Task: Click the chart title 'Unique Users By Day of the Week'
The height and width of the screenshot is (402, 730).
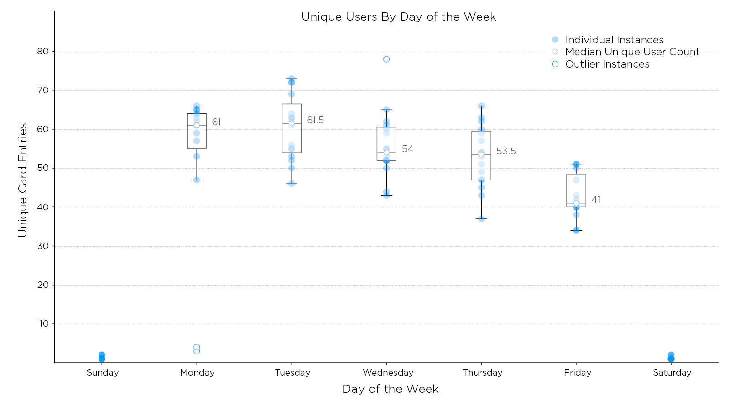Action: (398, 17)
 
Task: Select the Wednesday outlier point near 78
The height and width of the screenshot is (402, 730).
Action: (386, 59)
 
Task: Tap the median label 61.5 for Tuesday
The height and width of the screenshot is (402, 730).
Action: (315, 120)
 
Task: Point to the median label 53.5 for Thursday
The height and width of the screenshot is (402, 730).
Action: (506, 151)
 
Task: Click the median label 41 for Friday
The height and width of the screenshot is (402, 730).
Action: (596, 200)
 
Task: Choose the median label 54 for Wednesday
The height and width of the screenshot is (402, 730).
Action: (407, 149)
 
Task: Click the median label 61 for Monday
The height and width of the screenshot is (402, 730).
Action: (216, 122)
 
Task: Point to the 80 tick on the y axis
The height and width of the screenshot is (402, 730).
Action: (43, 52)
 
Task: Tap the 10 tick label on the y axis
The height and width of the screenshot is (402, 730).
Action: (44, 324)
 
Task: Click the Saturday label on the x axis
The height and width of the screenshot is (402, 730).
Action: (672, 373)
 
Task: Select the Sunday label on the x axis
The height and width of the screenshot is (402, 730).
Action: (103, 373)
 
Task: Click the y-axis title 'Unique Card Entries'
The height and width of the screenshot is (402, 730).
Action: (23, 180)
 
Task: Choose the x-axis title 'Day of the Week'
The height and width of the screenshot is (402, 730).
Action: (390, 389)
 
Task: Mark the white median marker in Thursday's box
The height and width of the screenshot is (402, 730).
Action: (481, 154)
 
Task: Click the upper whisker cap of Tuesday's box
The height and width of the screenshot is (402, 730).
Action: (292, 79)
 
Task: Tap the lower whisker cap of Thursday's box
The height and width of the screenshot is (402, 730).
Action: (481, 219)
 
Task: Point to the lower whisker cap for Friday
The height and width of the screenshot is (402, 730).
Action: (576, 231)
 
